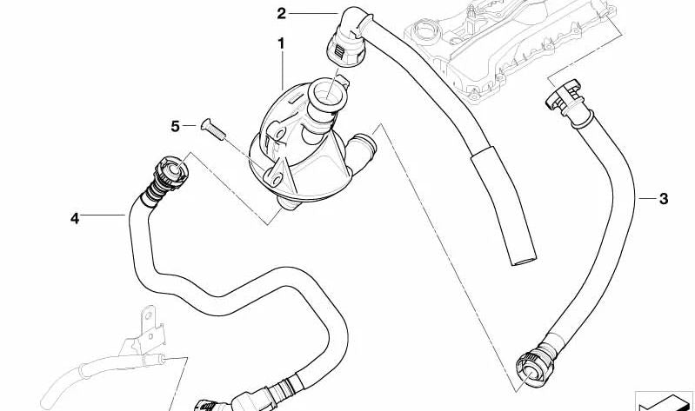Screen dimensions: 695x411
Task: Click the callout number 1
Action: (x=281, y=43)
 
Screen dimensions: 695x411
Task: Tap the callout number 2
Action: (x=282, y=14)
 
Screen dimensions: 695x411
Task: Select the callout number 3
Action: (x=664, y=198)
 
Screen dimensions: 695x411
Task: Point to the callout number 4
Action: (x=75, y=218)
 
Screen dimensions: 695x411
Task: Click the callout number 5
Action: (x=176, y=127)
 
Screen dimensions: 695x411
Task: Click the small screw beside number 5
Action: (x=213, y=129)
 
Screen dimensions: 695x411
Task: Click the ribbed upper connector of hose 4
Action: (x=169, y=177)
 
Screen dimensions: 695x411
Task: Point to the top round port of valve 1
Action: (x=326, y=92)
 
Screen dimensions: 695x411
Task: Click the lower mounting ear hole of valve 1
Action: (x=276, y=179)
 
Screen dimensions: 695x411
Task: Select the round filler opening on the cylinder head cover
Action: (x=425, y=32)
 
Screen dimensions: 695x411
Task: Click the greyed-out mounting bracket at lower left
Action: (x=145, y=331)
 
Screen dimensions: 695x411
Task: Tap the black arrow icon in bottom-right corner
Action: (x=665, y=402)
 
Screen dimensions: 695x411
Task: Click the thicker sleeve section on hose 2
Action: (x=502, y=202)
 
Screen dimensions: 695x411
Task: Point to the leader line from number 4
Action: (x=103, y=215)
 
